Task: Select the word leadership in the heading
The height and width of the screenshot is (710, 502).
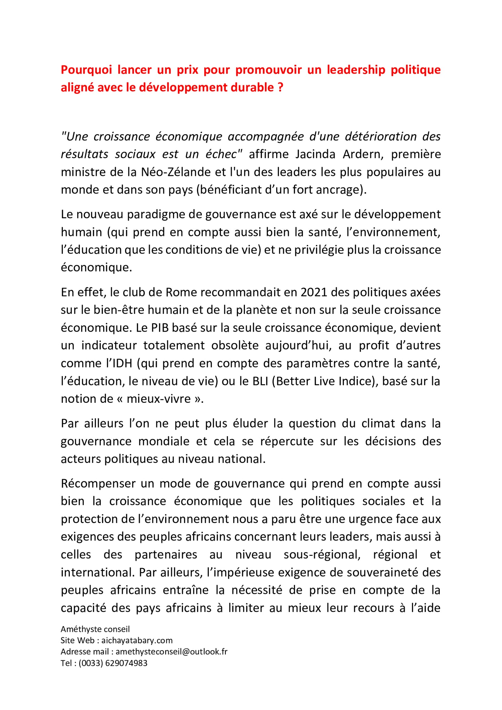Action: pyautogui.click(x=356, y=70)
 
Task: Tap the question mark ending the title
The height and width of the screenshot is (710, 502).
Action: pyautogui.click(x=281, y=88)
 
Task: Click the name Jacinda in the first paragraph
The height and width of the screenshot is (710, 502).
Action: pyautogui.click(x=315, y=154)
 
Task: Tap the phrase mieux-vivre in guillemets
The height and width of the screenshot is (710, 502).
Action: pyautogui.click(x=158, y=399)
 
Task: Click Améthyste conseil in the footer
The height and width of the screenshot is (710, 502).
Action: pyautogui.click(x=95, y=629)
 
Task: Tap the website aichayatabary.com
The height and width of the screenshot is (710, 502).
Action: pyautogui.click(x=137, y=640)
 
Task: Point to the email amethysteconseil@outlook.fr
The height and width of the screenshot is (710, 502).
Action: pyautogui.click(x=171, y=652)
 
